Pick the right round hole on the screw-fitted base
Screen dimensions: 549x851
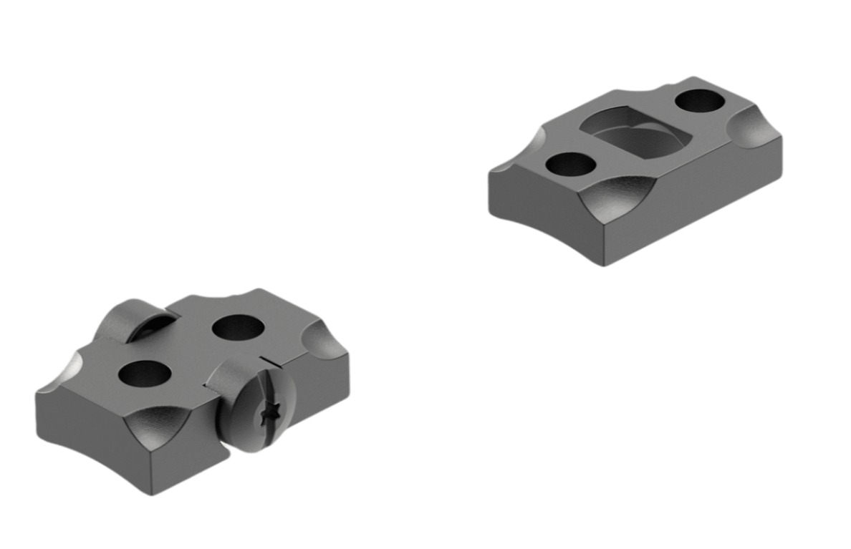pyautogui.click(x=237, y=328)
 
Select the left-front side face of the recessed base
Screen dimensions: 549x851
pyautogui.click(x=544, y=215)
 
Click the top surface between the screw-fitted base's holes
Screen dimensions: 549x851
pyautogui.click(x=190, y=351)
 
